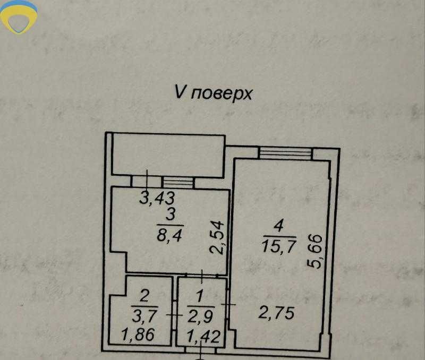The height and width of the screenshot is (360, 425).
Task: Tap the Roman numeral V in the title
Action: [x=180, y=92]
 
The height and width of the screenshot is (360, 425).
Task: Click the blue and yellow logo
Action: [x=19, y=17]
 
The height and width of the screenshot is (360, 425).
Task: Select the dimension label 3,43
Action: [x=157, y=199]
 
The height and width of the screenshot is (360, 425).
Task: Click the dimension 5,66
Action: [x=314, y=253]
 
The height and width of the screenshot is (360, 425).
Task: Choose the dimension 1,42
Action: [x=202, y=336]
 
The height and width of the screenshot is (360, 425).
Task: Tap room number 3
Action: [x=171, y=215]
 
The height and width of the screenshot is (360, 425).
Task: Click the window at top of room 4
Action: [x=285, y=153]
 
